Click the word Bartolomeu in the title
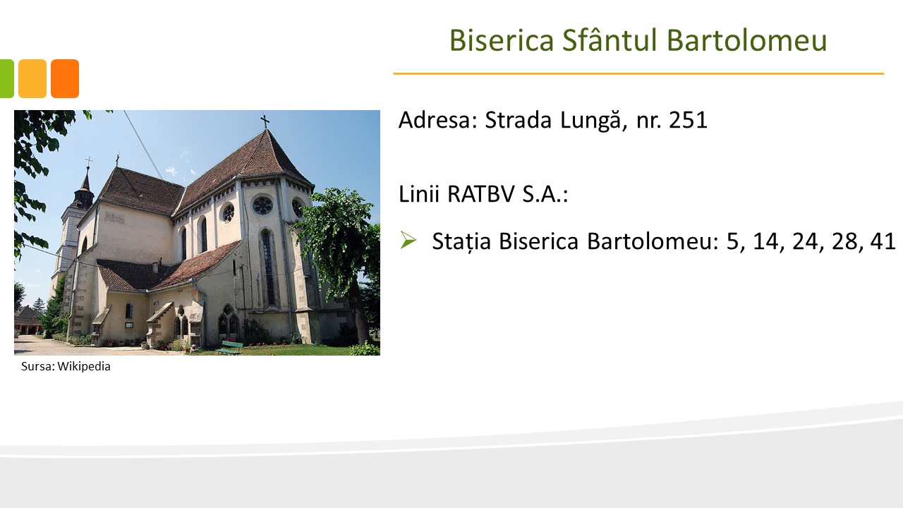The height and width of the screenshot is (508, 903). coord(746,40)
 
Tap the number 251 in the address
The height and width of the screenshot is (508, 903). coord(688,120)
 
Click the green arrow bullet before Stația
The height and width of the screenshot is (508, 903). coord(408,241)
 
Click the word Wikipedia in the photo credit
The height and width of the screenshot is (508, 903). coord(84,366)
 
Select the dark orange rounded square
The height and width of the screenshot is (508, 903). coord(65,78)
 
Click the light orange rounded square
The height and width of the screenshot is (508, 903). coord(32,78)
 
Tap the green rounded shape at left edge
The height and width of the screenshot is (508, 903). coord(7,78)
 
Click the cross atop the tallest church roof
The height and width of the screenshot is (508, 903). coord(265,121)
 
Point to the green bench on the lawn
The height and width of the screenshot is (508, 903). coord(230,348)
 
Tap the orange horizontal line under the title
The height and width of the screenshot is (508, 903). coord(638,74)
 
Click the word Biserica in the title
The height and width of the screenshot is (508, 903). coord(502,40)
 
